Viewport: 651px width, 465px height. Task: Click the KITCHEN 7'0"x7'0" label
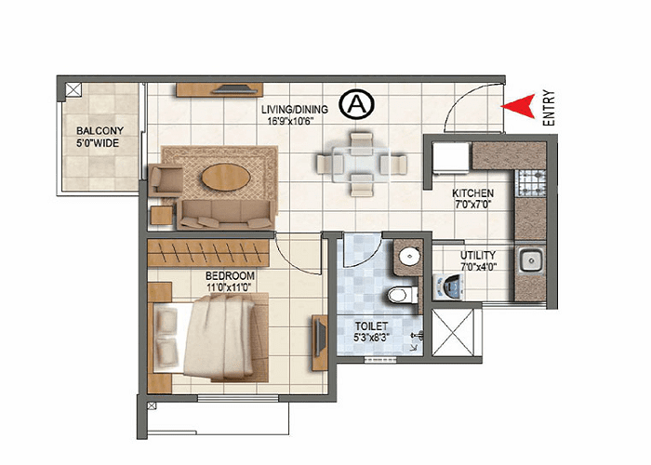tap(472, 199)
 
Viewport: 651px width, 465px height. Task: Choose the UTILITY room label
tap(477, 260)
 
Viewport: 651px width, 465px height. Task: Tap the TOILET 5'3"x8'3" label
tap(373, 333)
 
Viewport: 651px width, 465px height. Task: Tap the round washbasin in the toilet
tap(406, 257)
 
